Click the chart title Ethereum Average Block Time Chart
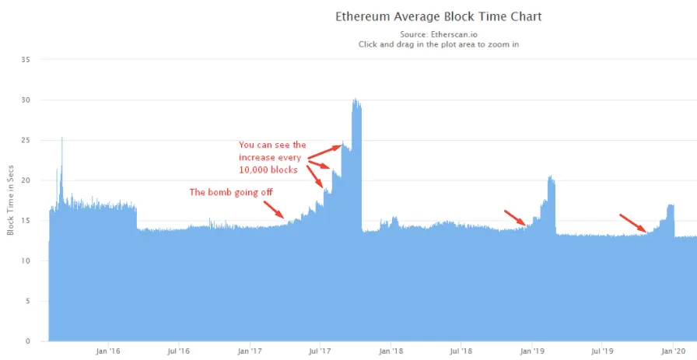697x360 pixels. point(438,16)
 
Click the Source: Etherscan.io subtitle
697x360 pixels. point(438,34)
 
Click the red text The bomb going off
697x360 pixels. point(232,192)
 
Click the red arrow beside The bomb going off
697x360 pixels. point(273,210)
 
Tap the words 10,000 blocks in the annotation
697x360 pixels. point(268,170)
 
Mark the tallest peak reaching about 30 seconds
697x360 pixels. point(356,101)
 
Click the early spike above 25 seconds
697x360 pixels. point(62,139)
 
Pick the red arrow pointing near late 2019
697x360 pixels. point(632,223)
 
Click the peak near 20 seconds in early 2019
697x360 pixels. point(551,179)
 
